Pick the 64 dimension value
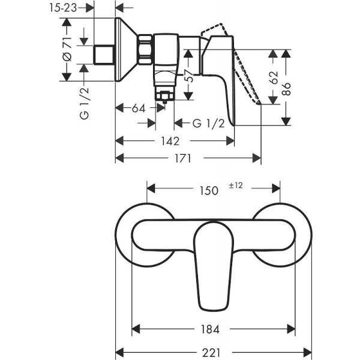pyautogui.click(x=139, y=109)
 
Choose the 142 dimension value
pyautogui.click(x=170, y=141)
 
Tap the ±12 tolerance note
pyautogui.click(x=235, y=186)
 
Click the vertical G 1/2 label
pyautogui.click(x=83, y=103)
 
